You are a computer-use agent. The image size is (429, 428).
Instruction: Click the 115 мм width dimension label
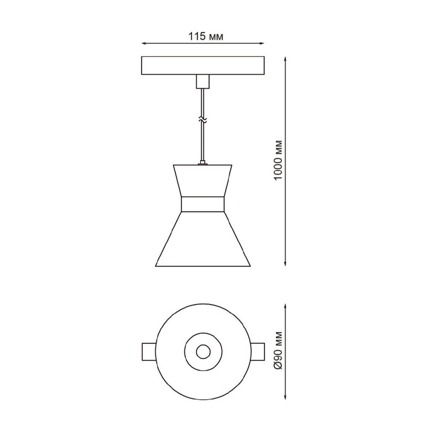tap(206, 36)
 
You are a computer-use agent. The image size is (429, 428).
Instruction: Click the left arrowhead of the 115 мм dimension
tap(144, 44)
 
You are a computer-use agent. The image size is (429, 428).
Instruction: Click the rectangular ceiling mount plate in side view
tap(203, 66)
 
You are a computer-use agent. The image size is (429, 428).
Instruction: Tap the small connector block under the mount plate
tap(203, 82)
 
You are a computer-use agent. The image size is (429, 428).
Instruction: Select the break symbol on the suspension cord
tap(203, 120)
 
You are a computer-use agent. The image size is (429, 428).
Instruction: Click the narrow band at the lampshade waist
tap(203, 204)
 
